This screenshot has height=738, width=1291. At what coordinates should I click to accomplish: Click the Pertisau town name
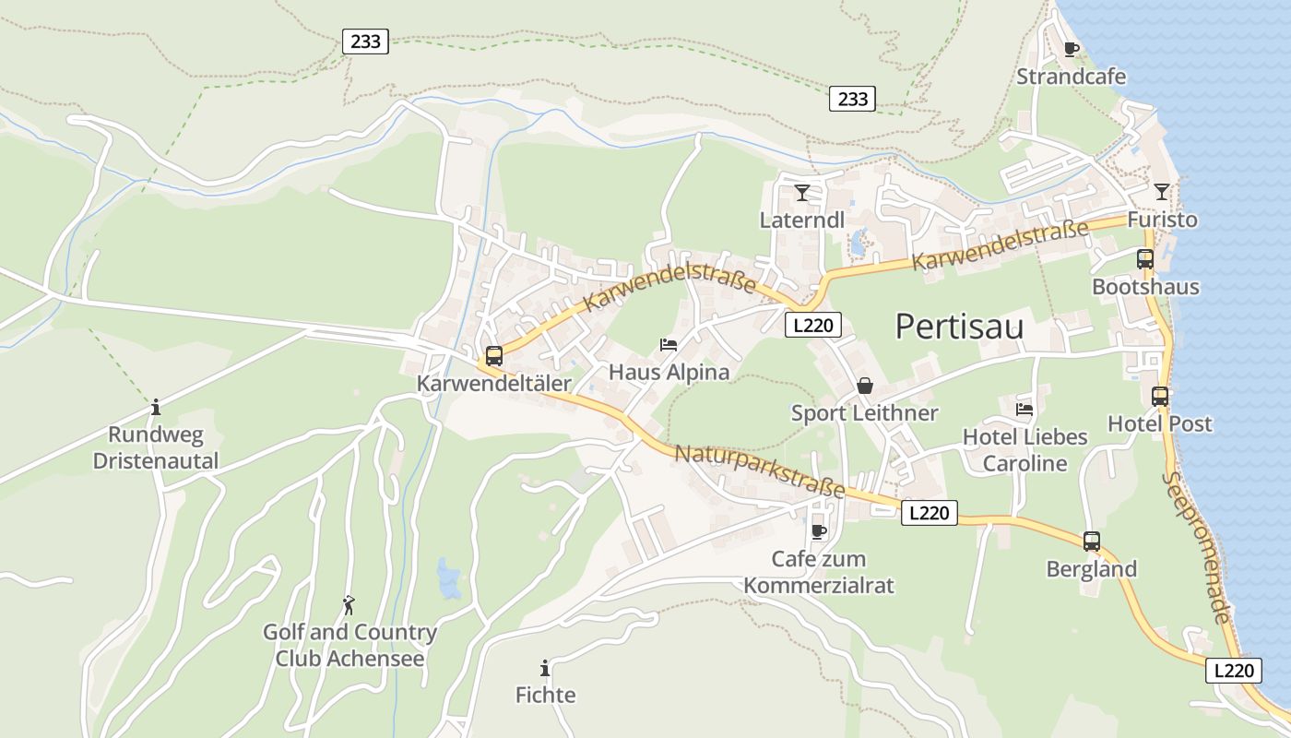959,327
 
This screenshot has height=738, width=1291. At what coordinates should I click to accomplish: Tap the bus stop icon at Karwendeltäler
494,355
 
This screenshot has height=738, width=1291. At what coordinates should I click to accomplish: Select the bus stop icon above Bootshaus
1145,259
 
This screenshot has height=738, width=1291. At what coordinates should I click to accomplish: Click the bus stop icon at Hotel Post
1160,397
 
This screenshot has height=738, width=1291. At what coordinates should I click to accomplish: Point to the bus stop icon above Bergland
1092,542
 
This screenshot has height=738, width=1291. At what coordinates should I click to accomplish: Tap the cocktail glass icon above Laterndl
802,193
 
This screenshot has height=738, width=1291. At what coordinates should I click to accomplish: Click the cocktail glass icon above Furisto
1161,192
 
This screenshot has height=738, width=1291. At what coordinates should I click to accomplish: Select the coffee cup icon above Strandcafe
1071,49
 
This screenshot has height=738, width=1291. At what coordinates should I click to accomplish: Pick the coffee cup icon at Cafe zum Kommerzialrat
818,531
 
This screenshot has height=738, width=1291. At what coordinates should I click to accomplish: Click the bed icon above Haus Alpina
669,345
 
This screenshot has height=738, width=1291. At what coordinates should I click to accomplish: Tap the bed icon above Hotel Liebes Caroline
1025,409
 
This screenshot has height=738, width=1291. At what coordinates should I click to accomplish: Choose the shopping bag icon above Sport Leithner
865,386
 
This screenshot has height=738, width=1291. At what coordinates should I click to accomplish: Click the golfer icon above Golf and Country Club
349,605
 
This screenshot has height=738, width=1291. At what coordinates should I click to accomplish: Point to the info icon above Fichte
545,668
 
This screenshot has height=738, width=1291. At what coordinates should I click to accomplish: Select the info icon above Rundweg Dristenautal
156,407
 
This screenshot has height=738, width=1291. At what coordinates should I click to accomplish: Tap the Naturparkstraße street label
760,470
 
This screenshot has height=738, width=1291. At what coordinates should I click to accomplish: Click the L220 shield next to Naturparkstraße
929,513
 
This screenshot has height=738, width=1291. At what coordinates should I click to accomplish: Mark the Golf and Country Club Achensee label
349,646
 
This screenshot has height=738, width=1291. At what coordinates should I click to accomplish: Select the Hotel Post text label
1159,424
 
